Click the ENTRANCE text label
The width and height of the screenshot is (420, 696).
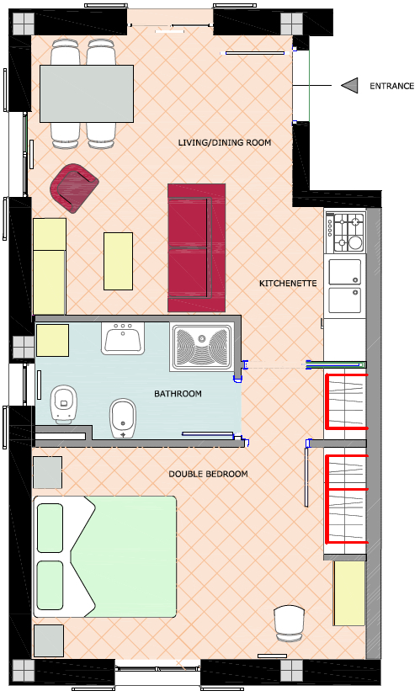(391, 86)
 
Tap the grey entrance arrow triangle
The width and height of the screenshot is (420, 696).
(350, 86)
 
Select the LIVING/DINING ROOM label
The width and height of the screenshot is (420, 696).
(224, 142)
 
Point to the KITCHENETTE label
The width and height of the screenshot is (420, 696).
(288, 283)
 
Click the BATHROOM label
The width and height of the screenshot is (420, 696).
(178, 394)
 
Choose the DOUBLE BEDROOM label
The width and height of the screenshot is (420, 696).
(208, 474)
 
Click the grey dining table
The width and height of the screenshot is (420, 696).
(87, 93)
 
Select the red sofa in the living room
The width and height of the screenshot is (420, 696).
(197, 247)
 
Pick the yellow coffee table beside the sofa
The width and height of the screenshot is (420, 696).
(118, 262)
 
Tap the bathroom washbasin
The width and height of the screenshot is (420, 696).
(123, 338)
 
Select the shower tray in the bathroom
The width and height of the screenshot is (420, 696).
(202, 347)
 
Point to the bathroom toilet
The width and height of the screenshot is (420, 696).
(64, 403)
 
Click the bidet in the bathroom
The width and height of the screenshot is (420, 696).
(123, 418)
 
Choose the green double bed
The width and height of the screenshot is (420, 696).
(104, 556)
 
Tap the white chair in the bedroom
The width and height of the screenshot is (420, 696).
(289, 624)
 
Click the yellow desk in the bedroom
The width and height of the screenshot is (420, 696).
(349, 593)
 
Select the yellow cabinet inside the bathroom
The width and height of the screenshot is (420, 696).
(52, 341)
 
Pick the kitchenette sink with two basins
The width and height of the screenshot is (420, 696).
(344, 286)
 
